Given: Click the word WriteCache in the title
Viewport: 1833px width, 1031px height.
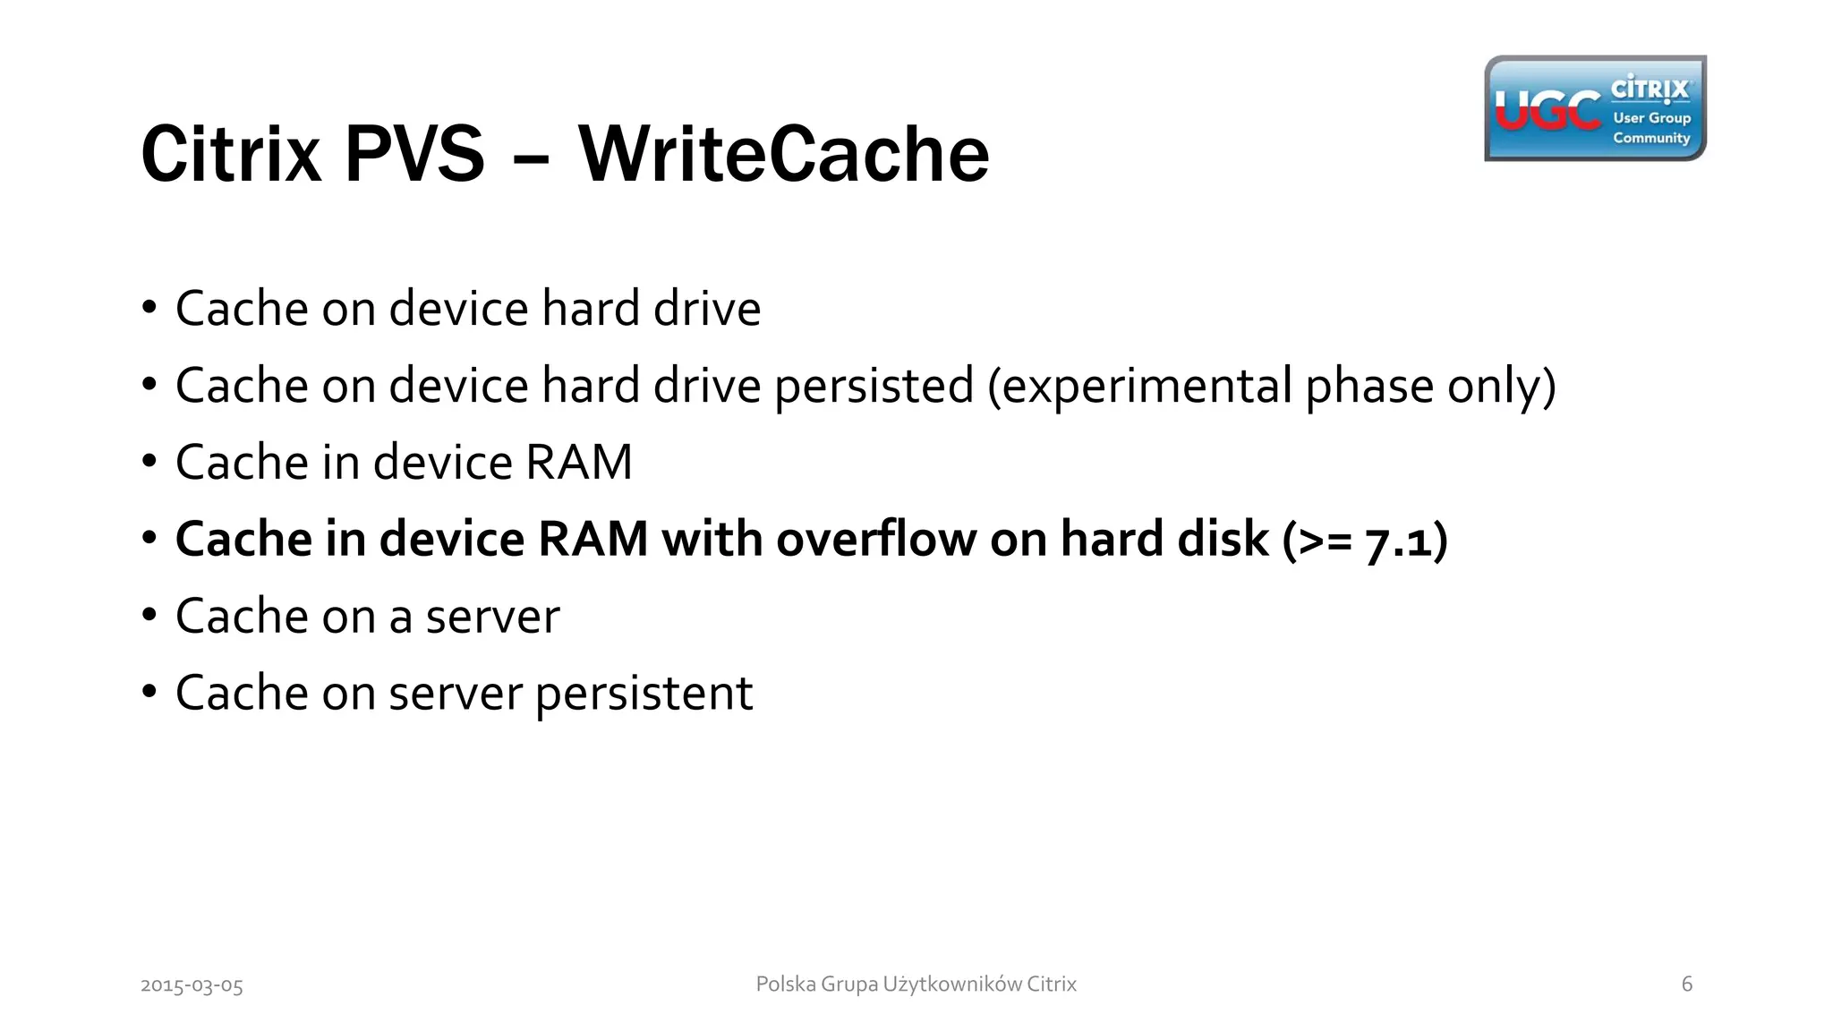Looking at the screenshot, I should [x=784, y=154].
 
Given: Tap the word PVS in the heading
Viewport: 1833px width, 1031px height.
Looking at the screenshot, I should [x=414, y=154].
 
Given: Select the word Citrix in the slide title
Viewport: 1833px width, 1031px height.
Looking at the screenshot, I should [x=231, y=154].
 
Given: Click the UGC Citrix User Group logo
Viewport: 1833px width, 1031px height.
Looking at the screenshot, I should [x=1595, y=108].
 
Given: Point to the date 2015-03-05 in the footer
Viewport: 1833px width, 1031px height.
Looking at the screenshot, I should [x=192, y=985].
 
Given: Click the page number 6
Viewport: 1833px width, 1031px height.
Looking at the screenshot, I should [x=1687, y=984].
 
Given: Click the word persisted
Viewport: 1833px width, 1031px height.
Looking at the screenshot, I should [x=874, y=386].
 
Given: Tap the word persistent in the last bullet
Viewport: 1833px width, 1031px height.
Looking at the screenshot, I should [x=644, y=694].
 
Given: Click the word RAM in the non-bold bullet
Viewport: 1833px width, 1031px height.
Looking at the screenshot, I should [x=578, y=463].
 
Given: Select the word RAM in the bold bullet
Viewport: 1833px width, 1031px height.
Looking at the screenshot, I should [x=592, y=540].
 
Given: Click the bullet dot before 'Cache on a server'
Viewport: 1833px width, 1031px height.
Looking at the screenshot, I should [x=149, y=615].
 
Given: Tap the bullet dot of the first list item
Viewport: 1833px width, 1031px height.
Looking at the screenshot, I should [x=149, y=307].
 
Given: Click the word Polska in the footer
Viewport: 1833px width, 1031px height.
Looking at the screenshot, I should [x=786, y=984].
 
